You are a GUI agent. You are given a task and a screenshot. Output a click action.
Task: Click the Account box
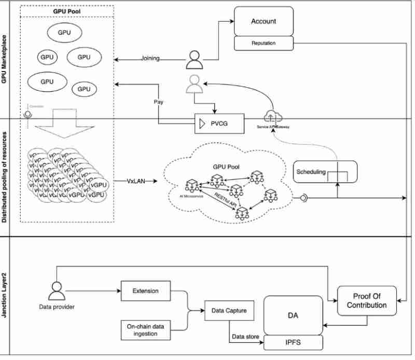pos(264,22)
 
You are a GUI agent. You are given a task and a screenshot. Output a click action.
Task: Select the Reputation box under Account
pos(264,43)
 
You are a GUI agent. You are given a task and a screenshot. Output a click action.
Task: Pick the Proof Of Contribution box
pos(367,300)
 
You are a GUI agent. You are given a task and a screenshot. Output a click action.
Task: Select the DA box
pos(293,314)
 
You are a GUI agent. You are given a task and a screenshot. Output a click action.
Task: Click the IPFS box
pos(293,342)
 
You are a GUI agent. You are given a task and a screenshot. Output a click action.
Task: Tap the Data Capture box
pos(229,311)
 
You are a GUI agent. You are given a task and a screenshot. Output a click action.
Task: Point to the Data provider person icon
pos(56,291)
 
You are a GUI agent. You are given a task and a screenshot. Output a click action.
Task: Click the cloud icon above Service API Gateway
pos(272,116)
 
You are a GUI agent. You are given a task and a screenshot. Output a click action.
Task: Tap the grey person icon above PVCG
pos(194,84)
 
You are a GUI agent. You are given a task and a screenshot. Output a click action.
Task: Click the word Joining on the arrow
pos(150,59)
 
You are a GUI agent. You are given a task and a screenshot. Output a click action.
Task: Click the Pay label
pos(159,102)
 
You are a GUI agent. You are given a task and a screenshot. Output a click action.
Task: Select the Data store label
pos(245,337)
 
